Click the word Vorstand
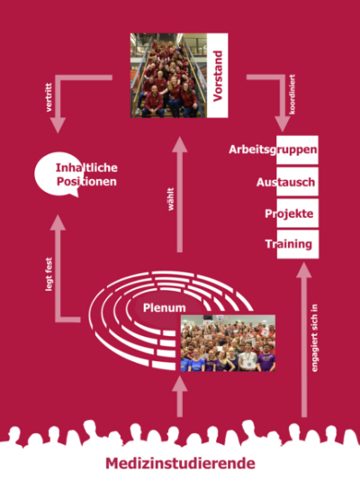pyautogui.click(x=218, y=76)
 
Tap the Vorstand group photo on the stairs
pyautogui.click(x=168, y=76)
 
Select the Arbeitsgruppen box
pyautogui.click(x=297, y=150)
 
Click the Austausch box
pyautogui.click(x=297, y=182)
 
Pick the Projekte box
pyautogui.click(x=298, y=213)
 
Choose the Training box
pyautogui.click(x=298, y=244)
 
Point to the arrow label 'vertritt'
pyautogui.click(x=49, y=97)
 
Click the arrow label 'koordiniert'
pyautogui.click(x=292, y=95)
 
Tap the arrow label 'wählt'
pyautogui.click(x=171, y=199)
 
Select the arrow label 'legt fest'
pyautogui.click(x=49, y=274)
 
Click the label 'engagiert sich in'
pyautogui.click(x=314, y=338)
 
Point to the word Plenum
pyautogui.click(x=164, y=308)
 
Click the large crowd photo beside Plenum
pyautogui.click(x=228, y=343)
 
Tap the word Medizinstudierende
pyautogui.click(x=181, y=463)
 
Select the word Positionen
pyautogui.click(x=86, y=181)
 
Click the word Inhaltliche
pyautogui.click(x=86, y=168)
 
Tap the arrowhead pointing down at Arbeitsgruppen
pyautogui.click(x=283, y=124)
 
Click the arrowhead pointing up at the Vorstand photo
pyautogui.click(x=179, y=145)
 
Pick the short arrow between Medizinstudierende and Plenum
pyautogui.click(x=179, y=396)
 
